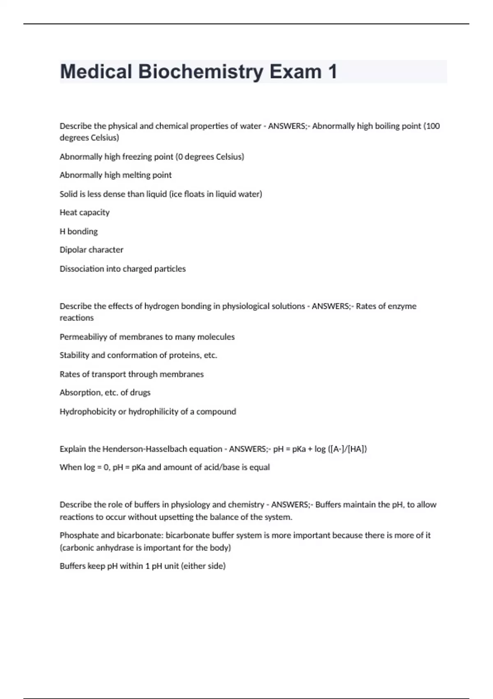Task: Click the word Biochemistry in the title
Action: tap(200, 72)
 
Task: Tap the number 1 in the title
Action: tap(332, 72)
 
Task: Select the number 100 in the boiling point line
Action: tap(433, 126)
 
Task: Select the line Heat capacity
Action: tap(85, 213)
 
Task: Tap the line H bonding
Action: tap(78, 231)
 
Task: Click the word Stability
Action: tap(74, 355)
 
